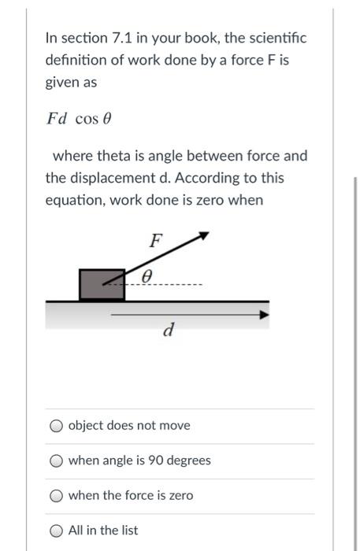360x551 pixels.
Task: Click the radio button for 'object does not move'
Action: pos(56,426)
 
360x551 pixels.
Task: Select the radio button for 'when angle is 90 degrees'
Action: pos(56,460)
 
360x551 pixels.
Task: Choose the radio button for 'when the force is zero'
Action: pos(56,496)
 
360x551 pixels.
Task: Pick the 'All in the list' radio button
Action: pos(56,531)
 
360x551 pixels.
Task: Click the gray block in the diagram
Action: pos(102,284)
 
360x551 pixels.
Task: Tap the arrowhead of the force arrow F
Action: pos(203,235)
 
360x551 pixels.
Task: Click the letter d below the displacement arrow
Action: pos(167,330)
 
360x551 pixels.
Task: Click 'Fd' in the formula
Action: pos(57,119)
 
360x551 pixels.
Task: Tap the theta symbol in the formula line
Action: pos(108,119)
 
